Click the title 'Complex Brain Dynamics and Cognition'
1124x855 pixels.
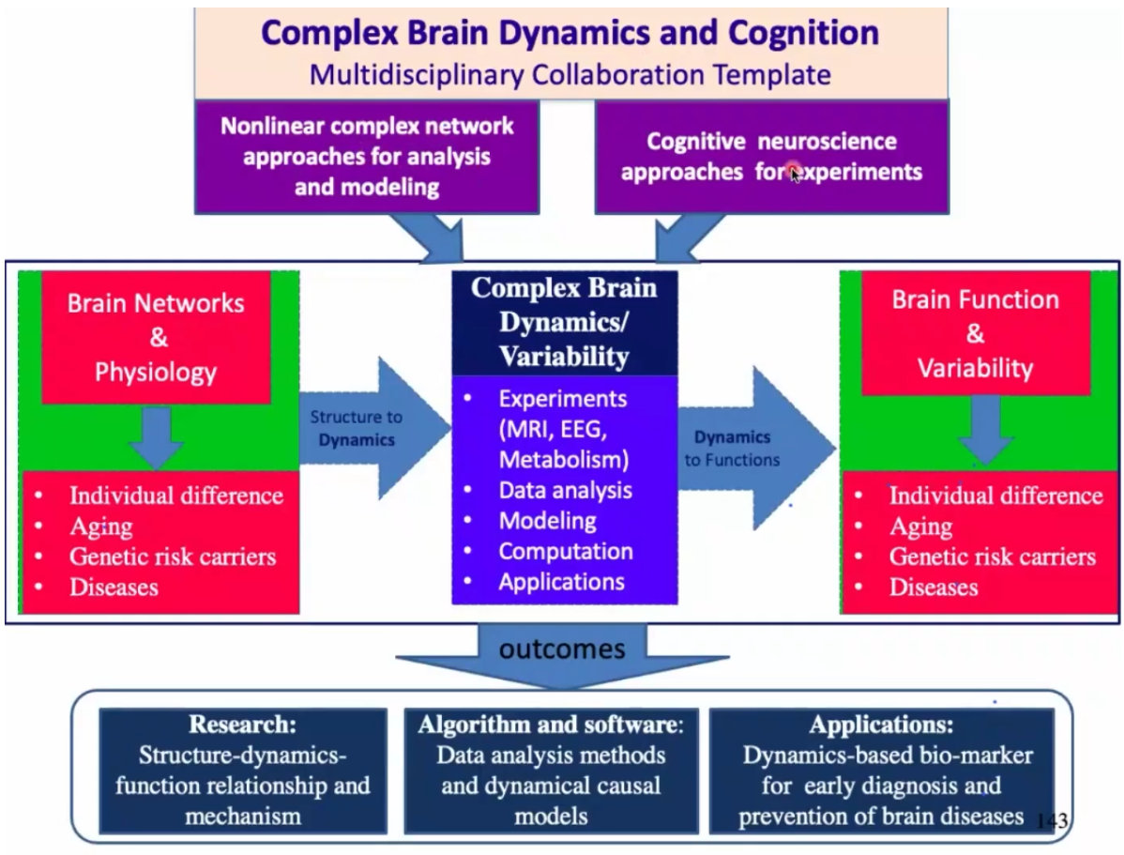click(x=570, y=33)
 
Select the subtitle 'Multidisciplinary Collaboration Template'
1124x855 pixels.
click(x=570, y=74)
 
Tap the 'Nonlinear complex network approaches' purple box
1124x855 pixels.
click(x=367, y=157)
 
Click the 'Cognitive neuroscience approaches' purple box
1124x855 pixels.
click(x=772, y=157)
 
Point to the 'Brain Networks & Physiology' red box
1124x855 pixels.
click(x=157, y=337)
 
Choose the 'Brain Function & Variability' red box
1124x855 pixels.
click(x=976, y=333)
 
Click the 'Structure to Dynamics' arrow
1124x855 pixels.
click(x=374, y=429)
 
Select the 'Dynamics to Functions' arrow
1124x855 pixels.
click(x=757, y=449)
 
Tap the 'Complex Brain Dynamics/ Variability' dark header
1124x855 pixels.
click(x=564, y=322)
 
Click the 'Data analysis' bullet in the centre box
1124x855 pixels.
click(x=566, y=491)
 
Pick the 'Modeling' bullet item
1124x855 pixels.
click(x=548, y=521)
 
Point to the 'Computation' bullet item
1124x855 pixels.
click(x=566, y=552)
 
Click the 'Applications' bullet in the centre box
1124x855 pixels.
click(x=561, y=582)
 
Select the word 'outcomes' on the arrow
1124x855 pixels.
click(x=562, y=649)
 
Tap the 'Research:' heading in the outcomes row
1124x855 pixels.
click(x=242, y=725)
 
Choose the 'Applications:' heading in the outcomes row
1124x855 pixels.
click(x=881, y=725)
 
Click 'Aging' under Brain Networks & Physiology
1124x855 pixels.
click(x=101, y=527)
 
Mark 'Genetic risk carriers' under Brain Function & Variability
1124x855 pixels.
click(x=992, y=557)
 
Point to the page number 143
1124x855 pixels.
click(x=1052, y=820)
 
